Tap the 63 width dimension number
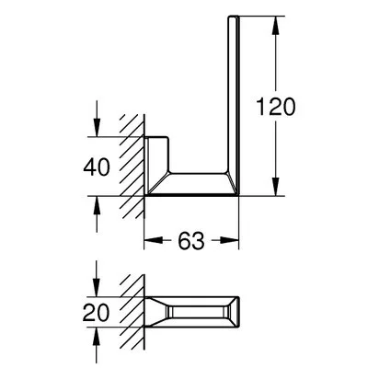pos(190,241)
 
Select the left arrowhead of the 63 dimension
pos(153,241)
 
